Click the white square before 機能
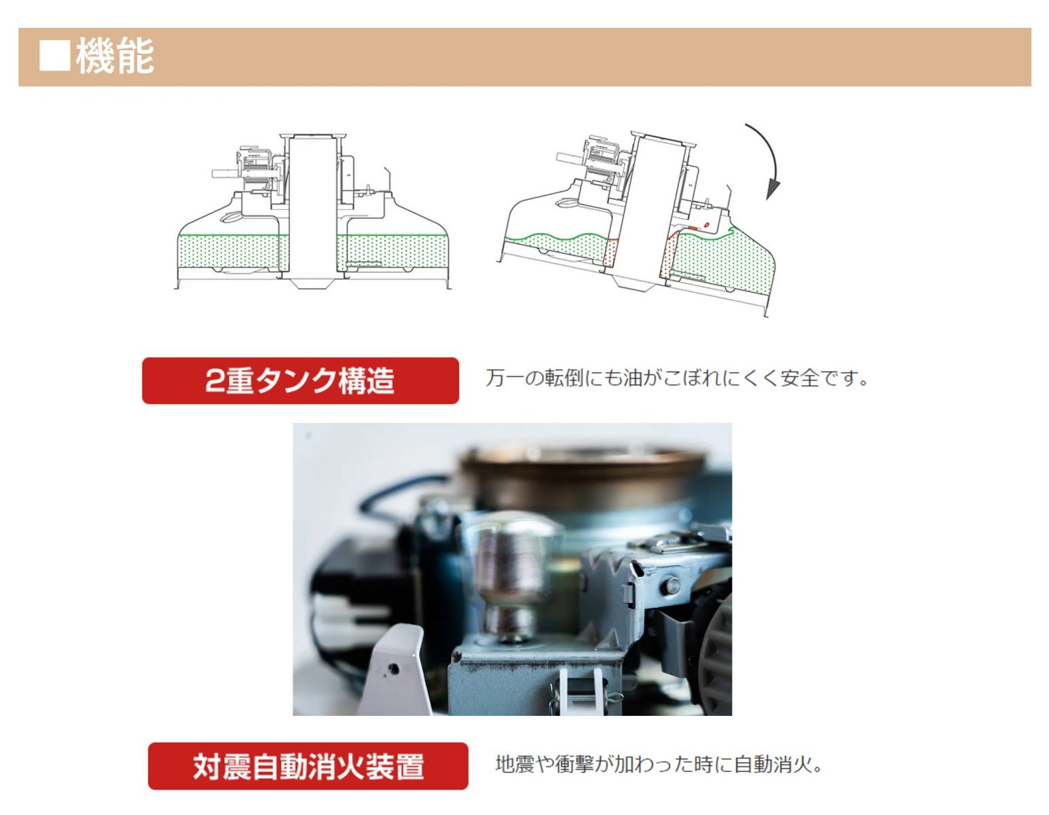(x=54, y=56)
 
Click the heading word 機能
(x=115, y=56)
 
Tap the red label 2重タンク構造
(x=300, y=380)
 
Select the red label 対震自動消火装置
(x=308, y=766)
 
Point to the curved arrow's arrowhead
(x=773, y=189)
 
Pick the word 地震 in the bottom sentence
(x=515, y=764)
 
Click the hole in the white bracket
(x=393, y=669)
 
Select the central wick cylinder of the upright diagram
(x=312, y=208)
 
